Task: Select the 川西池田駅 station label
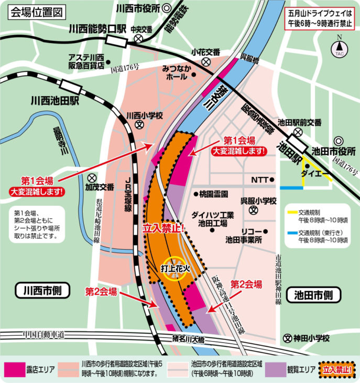54,99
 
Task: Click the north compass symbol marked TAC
340,49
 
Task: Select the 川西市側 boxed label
40,290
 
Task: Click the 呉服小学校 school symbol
253,210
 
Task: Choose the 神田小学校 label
311,338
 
